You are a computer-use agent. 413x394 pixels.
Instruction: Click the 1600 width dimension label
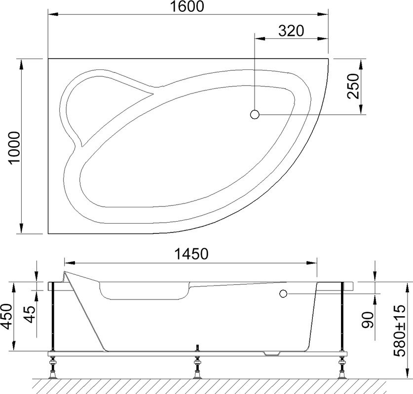click(188, 7)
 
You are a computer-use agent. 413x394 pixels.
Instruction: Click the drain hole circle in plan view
click(255, 115)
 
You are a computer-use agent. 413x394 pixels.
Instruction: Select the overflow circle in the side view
click(283, 294)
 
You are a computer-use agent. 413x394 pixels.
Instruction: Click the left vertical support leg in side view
click(52, 318)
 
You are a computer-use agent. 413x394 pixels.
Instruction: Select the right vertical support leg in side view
click(341, 318)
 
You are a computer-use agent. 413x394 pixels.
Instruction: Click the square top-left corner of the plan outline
click(48, 59)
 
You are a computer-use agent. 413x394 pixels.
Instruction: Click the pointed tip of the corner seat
click(154, 90)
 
